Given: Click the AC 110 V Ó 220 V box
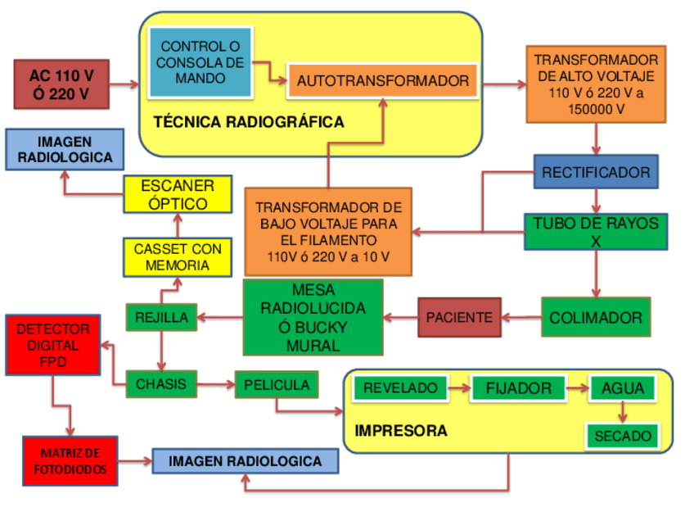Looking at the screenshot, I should pyautogui.click(x=61, y=84).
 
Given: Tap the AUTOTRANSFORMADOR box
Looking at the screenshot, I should pyautogui.click(x=382, y=80).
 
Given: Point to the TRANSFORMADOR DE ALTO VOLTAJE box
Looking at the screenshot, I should pyautogui.click(x=596, y=84).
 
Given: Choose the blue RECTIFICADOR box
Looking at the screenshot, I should pyautogui.click(x=596, y=172).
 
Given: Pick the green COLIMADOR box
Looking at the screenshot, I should pyautogui.click(x=596, y=317).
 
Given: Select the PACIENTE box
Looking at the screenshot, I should pyautogui.click(x=459, y=318).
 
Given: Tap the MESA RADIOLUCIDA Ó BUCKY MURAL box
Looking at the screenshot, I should pyautogui.click(x=313, y=318).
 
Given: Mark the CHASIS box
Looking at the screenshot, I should pyautogui.click(x=161, y=383).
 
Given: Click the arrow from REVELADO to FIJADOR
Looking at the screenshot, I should pyautogui.click(x=458, y=388).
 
